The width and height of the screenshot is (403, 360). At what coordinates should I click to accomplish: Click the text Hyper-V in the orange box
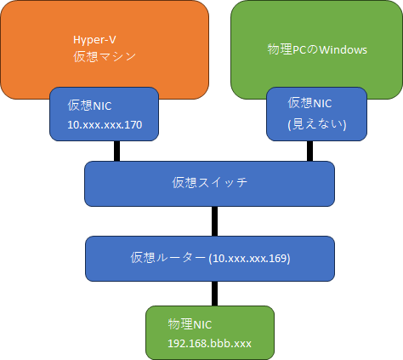click(x=94, y=40)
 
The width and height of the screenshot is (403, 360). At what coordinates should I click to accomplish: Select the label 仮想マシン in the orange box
click(x=105, y=57)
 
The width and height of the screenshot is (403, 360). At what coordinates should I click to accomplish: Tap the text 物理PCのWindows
click(x=317, y=49)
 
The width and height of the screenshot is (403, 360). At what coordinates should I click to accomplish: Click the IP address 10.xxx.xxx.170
click(x=105, y=125)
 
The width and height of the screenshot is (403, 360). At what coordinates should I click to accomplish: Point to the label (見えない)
click(x=317, y=124)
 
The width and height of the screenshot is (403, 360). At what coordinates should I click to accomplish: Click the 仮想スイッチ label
click(x=210, y=182)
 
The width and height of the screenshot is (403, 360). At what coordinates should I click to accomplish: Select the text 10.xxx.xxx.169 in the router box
click(x=250, y=258)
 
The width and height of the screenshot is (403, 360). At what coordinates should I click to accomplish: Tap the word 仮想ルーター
click(x=167, y=258)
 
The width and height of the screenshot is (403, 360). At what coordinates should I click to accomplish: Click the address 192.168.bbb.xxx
click(x=209, y=344)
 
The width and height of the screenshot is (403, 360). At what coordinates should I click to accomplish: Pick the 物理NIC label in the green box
click(x=190, y=324)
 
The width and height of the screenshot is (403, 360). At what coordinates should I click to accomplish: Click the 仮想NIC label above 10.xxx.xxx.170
click(x=89, y=106)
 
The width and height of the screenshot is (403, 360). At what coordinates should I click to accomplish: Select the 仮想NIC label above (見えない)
click(x=309, y=103)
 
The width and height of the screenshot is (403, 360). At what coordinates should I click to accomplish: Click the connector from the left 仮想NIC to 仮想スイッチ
click(x=116, y=151)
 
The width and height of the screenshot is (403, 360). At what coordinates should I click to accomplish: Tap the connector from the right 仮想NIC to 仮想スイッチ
click(x=310, y=151)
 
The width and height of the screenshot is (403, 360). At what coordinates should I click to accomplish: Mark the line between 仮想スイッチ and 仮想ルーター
click(x=215, y=221)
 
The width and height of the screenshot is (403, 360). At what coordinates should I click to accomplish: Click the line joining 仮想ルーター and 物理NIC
click(x=215, y=294)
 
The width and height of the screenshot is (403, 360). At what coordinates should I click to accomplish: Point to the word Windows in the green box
click(x=343, y=50)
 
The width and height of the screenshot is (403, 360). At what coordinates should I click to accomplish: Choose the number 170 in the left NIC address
click(x=133, y=125)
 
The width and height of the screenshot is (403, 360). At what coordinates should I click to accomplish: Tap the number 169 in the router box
click(x=279, y=258)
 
